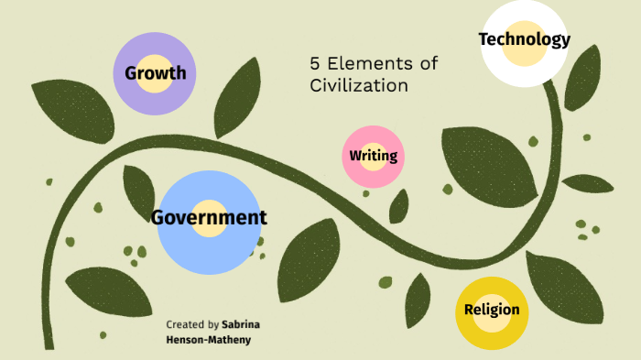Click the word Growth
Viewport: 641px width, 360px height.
coord(156,73)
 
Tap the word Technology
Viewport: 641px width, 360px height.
coord(525,39)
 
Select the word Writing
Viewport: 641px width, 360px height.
coord(373,156)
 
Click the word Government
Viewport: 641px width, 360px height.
coord(209,218)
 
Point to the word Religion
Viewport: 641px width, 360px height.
coord(492,310)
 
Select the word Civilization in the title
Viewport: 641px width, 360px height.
coord(358,86)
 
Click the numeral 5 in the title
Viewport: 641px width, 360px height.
coord(315,64)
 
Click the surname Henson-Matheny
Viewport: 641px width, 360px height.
coord(207,340)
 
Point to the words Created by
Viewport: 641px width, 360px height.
coord(192,324)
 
